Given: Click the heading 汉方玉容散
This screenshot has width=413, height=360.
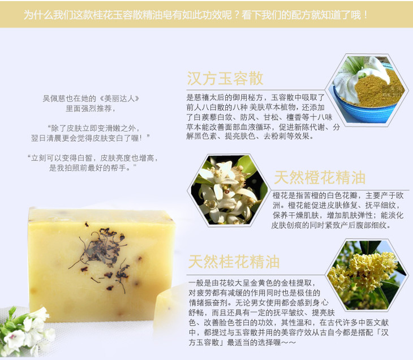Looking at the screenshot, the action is (x=225, y=78).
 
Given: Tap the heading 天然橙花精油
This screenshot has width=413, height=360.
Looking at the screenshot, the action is (x=320, y=177).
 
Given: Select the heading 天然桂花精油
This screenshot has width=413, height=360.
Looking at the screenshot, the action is (x=234, y=262).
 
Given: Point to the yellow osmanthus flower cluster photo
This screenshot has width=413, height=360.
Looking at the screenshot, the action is (x=367, y=275).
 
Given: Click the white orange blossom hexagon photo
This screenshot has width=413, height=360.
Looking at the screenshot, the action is (x=228, y=190).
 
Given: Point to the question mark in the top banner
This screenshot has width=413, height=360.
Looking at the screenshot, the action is (x=236, y=15).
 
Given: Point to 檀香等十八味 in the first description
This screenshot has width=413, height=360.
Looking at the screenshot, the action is (x=309, y=117).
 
